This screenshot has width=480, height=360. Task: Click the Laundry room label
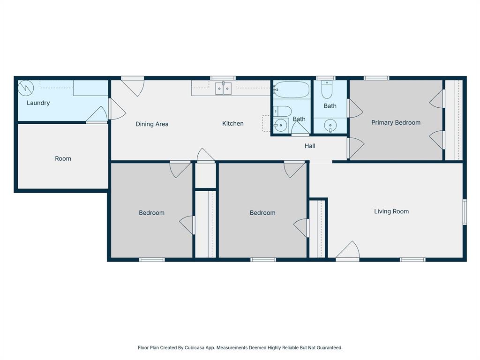pos(38,103)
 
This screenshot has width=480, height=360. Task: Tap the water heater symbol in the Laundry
pos(26,88)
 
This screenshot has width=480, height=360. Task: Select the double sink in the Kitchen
pos(223,88)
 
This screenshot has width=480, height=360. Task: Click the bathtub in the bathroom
pos(292,89)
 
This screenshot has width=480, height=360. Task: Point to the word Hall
pos(310,146)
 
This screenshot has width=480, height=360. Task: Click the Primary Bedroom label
pos(396,122)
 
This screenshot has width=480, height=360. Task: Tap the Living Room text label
pos(391,211)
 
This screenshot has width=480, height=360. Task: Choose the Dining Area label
pos(152,124)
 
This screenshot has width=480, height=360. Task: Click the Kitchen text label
pos(232,123)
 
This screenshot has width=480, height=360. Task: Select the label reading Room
pos(63,158)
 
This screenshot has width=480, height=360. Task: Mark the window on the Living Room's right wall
pos(465,212)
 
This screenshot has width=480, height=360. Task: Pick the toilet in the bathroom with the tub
pos(283,111)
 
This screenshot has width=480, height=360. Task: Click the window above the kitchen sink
pos(223,78)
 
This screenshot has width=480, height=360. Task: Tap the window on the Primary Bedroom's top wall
pos(376,78)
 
